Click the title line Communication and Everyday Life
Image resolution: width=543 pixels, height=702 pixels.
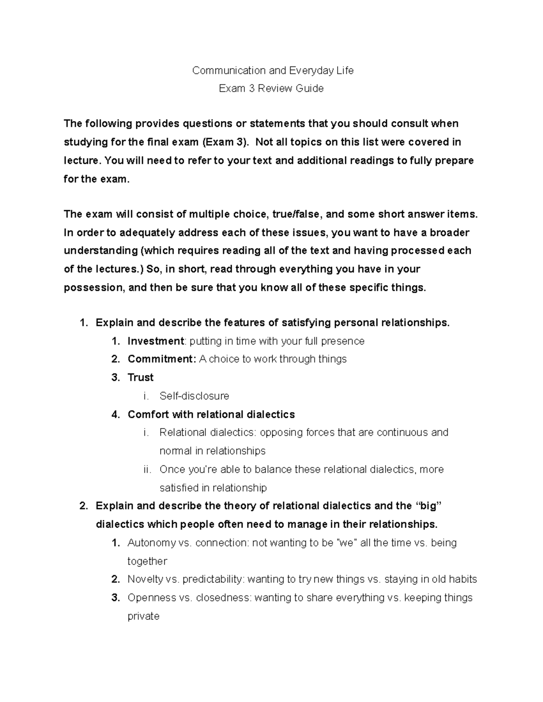tap(273, 71)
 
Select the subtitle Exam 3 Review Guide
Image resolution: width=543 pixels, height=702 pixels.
tap(271, 89)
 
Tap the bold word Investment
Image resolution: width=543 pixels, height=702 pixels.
tap(156, 341)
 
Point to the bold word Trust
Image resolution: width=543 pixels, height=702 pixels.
tap(141, 377)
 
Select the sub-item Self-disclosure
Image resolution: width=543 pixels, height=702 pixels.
tap(194, 396)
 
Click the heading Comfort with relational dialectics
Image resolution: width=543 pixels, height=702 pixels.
tap(211, 415)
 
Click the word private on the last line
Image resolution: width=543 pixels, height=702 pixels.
tap(143, 616)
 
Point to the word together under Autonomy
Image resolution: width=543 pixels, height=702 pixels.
tap(148, 561)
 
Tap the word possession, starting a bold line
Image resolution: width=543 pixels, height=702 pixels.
tap(94, 287)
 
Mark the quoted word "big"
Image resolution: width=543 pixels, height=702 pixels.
tap(428, 506)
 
